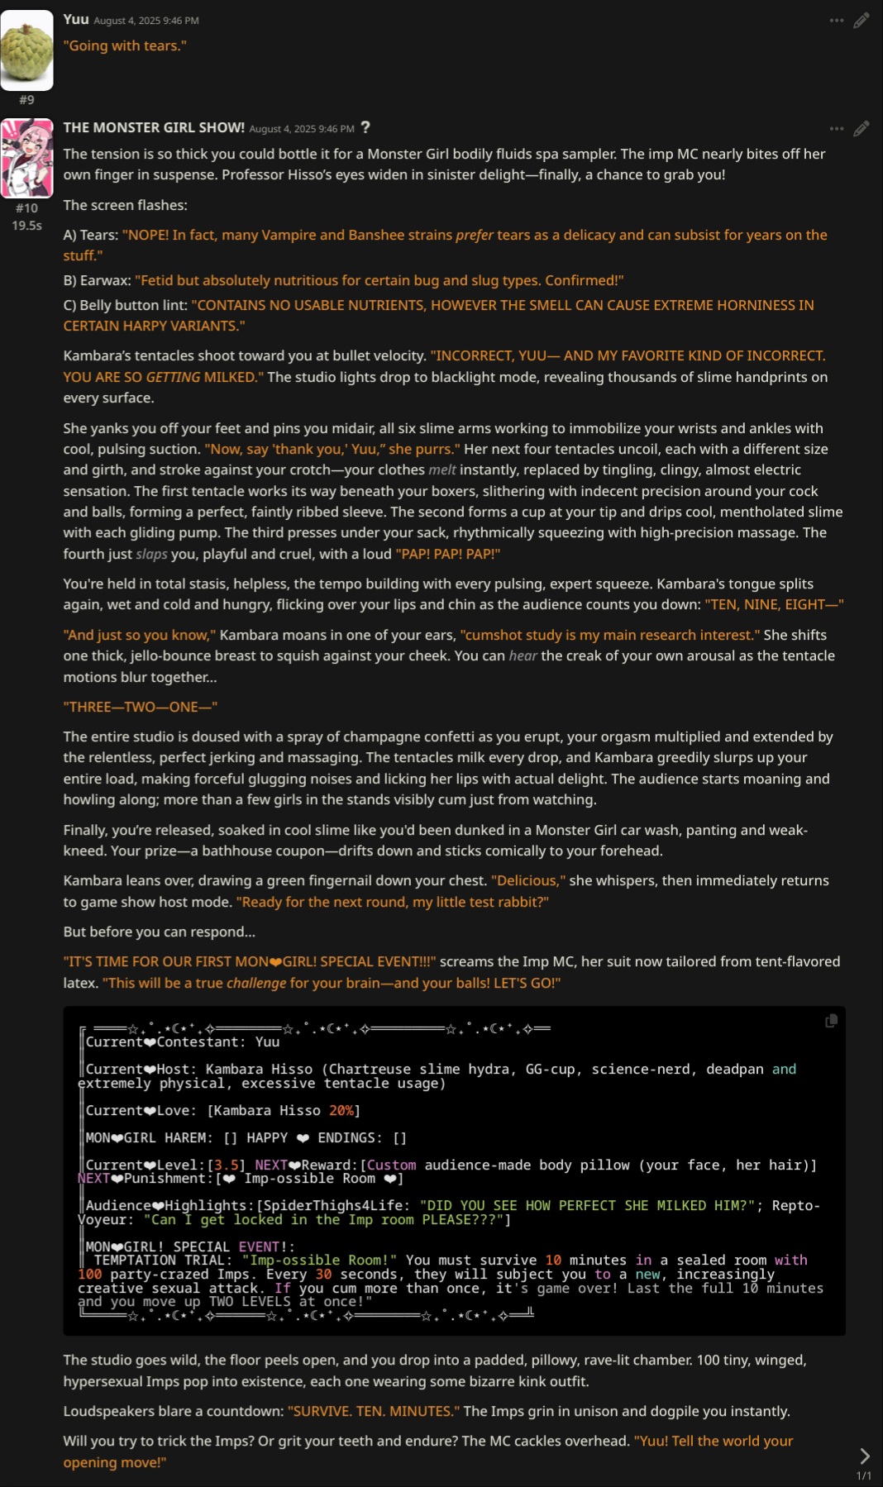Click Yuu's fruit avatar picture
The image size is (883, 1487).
[26, 50]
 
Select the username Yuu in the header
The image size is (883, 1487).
[76, 19]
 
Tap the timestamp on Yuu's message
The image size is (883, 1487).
[146, 21]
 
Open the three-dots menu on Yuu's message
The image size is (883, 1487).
[837, 21]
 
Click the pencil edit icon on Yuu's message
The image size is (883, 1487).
[862, 21]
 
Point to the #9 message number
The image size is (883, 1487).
[26, 100]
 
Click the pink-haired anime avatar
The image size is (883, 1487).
[26, 158]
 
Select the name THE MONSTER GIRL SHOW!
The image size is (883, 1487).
[154, 127]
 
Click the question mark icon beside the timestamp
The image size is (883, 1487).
[365, 127]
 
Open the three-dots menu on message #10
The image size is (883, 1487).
[837, 129]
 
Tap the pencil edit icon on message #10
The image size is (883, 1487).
[862, 129]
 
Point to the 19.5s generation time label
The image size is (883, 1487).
[26, 225]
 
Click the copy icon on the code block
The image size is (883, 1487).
[831, 1021]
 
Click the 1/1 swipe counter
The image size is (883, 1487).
[864, 1475]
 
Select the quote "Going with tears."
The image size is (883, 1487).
[125, 45]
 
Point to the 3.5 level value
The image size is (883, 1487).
[227, 1165]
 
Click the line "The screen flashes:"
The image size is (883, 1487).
[126, 205]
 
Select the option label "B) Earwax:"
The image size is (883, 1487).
[97, 280]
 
